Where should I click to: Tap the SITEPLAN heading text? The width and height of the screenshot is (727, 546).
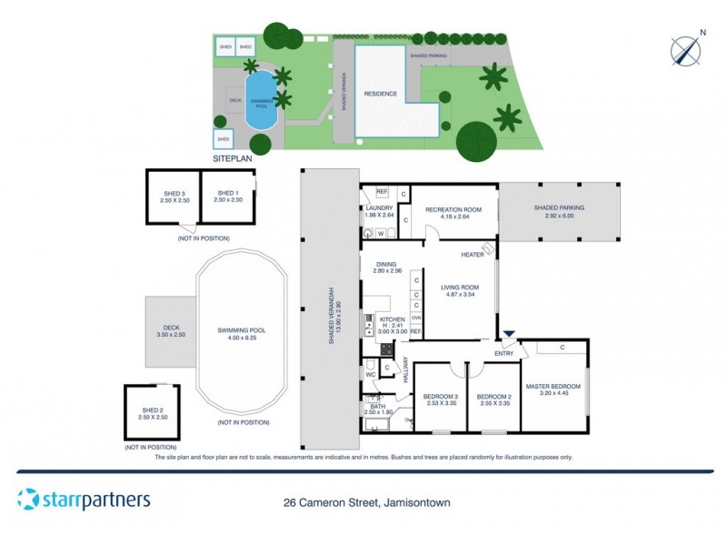coord(231,158)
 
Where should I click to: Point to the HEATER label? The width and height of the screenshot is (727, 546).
coord(472,255)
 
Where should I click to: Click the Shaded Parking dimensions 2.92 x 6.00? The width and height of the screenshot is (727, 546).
coord(560,216)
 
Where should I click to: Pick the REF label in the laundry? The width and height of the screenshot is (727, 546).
coord(382,192)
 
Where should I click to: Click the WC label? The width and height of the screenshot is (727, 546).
coord(371,373)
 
